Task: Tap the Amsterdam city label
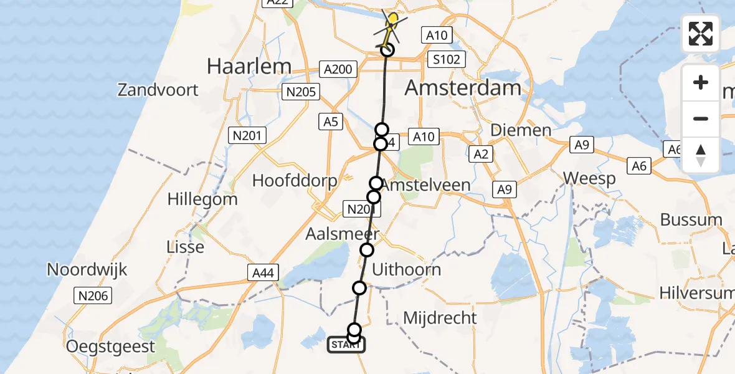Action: pos(463,88)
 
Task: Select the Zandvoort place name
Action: pos(158,90)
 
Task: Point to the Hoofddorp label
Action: pos(295,181)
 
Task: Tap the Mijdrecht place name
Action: pos(440,318)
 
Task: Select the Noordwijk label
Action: pos(87,270)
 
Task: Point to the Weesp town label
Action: pos(590,179)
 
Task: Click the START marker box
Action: pos(346,345)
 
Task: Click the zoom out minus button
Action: pos(701,118)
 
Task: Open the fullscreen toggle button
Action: pos(701,33)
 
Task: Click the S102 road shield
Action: pos(448,60)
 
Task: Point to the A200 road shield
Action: pos(338,69)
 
